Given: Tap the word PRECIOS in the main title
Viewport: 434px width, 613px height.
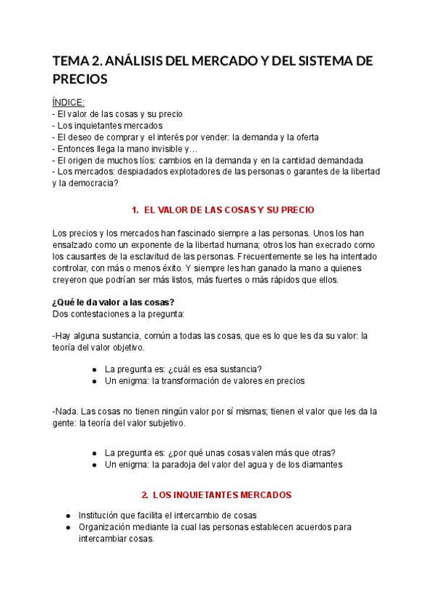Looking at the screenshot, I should pos(80,80).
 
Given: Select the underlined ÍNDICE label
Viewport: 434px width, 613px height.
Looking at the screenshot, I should pos(69,102).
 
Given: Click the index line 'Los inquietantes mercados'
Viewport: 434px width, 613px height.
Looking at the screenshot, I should pos(109,125).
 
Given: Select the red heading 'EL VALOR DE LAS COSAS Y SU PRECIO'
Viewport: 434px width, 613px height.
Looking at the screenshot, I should pos(229,210).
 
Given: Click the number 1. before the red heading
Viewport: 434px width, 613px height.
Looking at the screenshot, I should pos(135,210).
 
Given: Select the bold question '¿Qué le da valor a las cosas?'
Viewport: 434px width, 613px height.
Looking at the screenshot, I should pos(114,302).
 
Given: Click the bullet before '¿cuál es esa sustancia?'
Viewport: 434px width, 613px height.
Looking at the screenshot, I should pos(95,369).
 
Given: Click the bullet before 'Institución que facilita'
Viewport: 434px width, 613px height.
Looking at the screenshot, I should pos(68,515).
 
